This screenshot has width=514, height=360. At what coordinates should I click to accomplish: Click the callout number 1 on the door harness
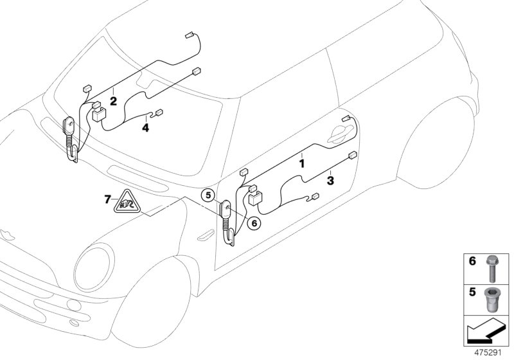(x=301, y=164)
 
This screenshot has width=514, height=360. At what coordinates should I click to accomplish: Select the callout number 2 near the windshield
(x=112, y=101)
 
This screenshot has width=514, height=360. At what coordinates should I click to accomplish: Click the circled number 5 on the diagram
(x=207, y=194)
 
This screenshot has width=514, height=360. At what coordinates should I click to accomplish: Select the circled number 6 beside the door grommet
(x=254, y=223)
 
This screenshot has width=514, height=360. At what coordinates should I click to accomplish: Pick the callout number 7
(x=107, y=200)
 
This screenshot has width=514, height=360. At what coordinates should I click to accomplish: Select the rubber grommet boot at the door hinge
(x=228, y=222)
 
